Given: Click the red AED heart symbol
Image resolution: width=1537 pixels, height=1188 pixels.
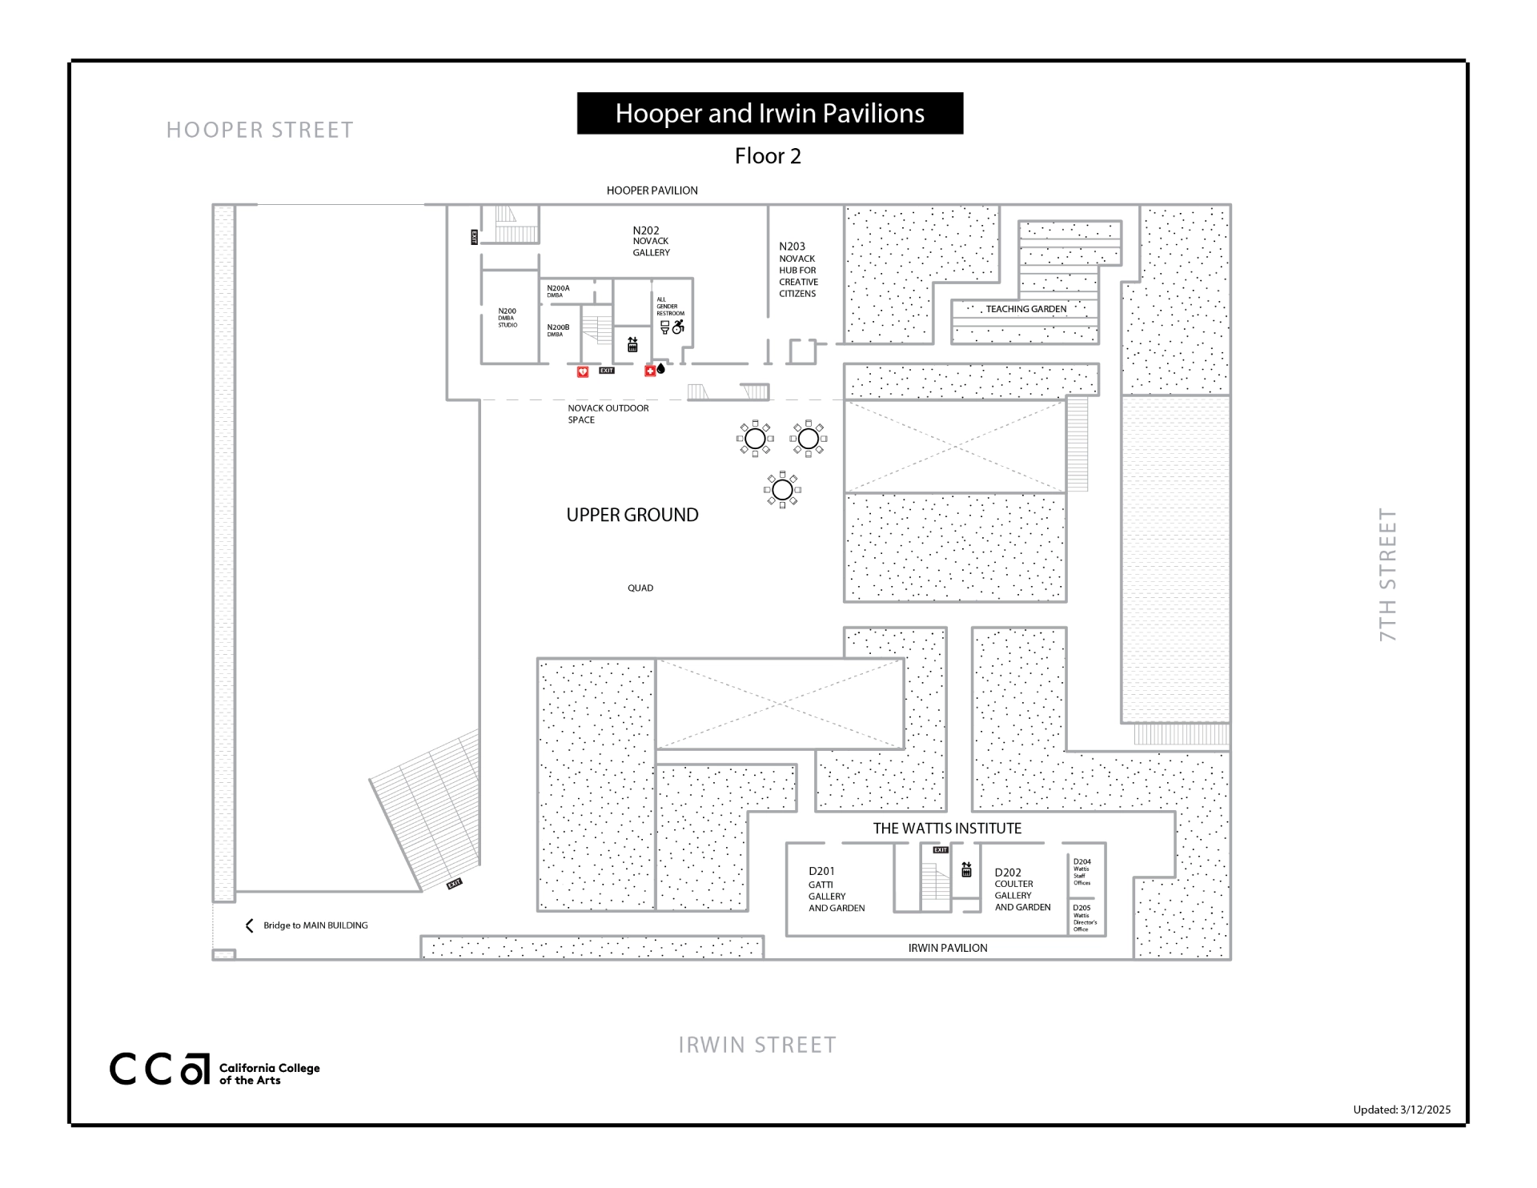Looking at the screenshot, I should pos(583,371).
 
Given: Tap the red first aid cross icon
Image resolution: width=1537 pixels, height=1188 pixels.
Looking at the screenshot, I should pos(650,371).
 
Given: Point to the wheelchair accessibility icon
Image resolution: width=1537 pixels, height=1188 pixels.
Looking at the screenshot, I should pos(679,326).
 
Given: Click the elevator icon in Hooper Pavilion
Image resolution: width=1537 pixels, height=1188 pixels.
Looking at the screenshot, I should pos(632,344).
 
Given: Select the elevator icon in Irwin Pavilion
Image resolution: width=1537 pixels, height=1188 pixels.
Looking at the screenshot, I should pos(966,869).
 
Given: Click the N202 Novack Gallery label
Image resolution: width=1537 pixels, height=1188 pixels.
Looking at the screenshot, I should pos(651,241).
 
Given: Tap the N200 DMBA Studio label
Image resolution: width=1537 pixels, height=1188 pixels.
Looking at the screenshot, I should pos(508,318).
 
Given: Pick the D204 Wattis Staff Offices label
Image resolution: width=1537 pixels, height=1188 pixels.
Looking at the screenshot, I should pos(1082,872).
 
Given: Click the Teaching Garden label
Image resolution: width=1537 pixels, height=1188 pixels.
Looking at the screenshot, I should pos(1025,309).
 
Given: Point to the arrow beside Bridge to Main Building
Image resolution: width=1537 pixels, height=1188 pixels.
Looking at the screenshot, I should pos(249,925).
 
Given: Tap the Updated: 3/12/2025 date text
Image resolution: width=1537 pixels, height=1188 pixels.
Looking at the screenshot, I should pos(1401,1110).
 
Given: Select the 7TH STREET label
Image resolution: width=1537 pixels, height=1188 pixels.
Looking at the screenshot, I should pos(1387,574).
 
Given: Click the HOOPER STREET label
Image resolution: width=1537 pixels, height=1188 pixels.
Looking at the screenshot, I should pos(259,130).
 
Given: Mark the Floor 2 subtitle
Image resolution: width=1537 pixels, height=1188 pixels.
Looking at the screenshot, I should pos(768,156).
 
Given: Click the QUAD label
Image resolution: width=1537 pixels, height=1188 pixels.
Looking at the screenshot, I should pos(640,588).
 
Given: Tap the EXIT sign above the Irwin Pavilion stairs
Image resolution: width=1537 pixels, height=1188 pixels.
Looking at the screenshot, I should pos(941,850).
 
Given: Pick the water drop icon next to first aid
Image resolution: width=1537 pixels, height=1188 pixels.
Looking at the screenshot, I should pos(661,369).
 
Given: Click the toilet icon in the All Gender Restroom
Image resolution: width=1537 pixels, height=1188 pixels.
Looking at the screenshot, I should pos(664,327).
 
